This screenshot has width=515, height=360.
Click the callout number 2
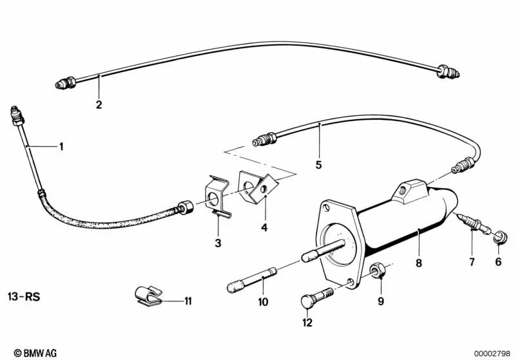point(99,105)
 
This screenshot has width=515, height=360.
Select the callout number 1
point(61,146)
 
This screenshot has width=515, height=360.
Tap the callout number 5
point(318,165)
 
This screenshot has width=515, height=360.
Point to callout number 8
point(418,263)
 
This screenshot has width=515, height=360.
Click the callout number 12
point(307,323)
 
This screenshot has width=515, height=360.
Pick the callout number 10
point(263,301)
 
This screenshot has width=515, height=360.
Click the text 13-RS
point(24,297)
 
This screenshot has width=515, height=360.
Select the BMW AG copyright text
point(35,353)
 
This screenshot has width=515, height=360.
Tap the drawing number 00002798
point(492,354)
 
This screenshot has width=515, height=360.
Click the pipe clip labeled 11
point(148,296)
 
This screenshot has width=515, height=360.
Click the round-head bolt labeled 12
point(316,296)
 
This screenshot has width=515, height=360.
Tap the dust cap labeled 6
point(501,237)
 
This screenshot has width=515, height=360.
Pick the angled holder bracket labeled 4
point(258,187)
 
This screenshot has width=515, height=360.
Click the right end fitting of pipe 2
point(448,71)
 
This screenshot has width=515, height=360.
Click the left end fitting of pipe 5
point(264,139)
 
